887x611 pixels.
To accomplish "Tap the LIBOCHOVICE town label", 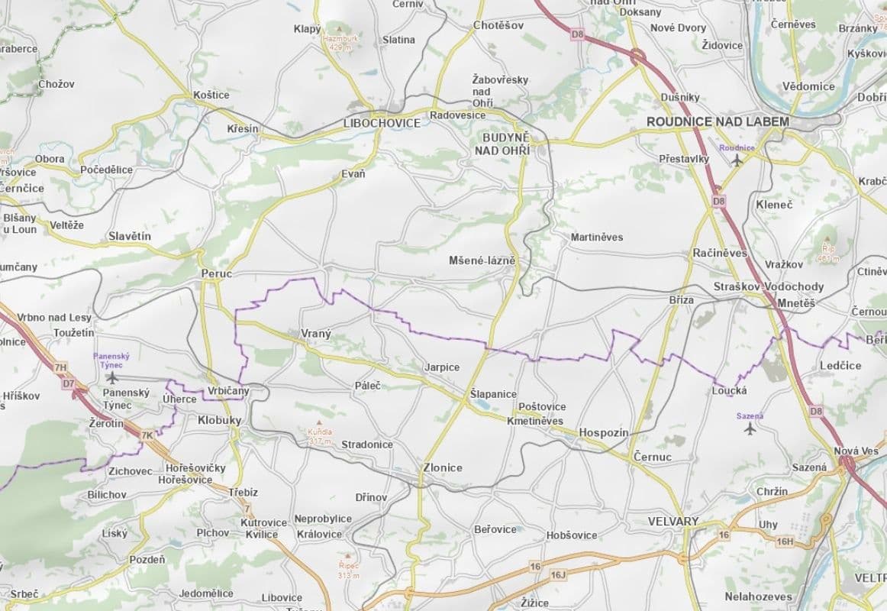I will pos(382,124).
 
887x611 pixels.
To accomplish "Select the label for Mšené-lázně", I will pos(482,260).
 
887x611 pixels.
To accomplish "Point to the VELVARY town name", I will pos(673,522).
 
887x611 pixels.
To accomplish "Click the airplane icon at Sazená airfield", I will pos(750,428).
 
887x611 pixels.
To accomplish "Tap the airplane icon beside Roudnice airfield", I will pos(737,160).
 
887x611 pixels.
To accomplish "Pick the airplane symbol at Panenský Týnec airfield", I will pos(112,377).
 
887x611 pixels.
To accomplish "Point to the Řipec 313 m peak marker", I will pos(348,556).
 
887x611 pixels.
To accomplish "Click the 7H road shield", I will pos(60,368).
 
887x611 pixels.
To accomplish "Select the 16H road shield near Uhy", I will pos(785,541).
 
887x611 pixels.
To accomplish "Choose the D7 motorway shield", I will pos(69,383).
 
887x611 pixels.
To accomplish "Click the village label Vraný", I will pos(310,334).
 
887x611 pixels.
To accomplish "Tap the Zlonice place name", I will pos(443,467).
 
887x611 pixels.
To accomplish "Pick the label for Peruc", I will pos(216,273).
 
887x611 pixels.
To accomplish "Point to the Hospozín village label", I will pos(603,432).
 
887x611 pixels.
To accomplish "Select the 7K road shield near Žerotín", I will pos(147,435).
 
